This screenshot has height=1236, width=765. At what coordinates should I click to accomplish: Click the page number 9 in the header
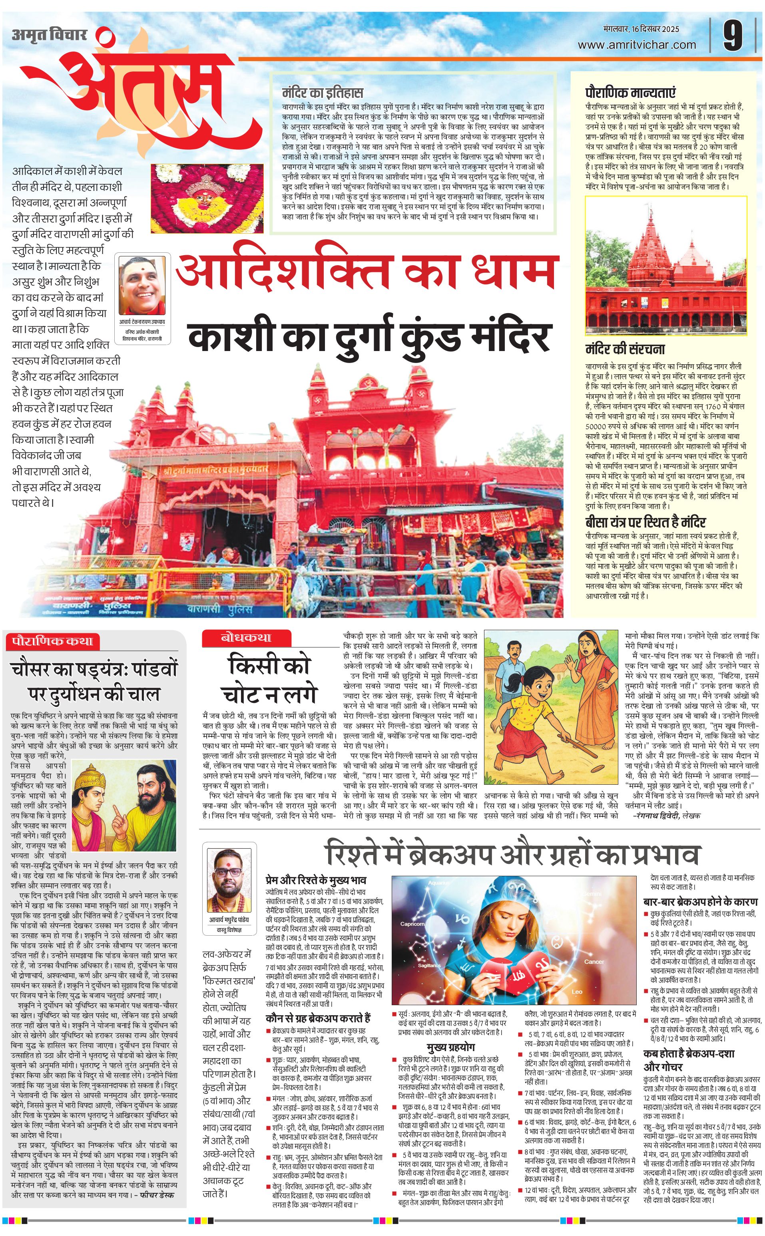[x=733, y=36]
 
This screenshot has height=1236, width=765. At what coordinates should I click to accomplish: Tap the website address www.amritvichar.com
[x=637, y=45]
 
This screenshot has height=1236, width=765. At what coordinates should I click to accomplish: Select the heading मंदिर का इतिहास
[x=323, y=93]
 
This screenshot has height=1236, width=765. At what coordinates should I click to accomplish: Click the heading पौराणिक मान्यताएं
[x=630, y=93]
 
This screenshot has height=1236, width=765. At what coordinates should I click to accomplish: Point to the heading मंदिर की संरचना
[x=625, y=349]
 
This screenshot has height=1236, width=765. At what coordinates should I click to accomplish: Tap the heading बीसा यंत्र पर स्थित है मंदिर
[x=645, y=522]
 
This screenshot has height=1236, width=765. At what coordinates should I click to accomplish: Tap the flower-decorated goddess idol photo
[x=207, y=198]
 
